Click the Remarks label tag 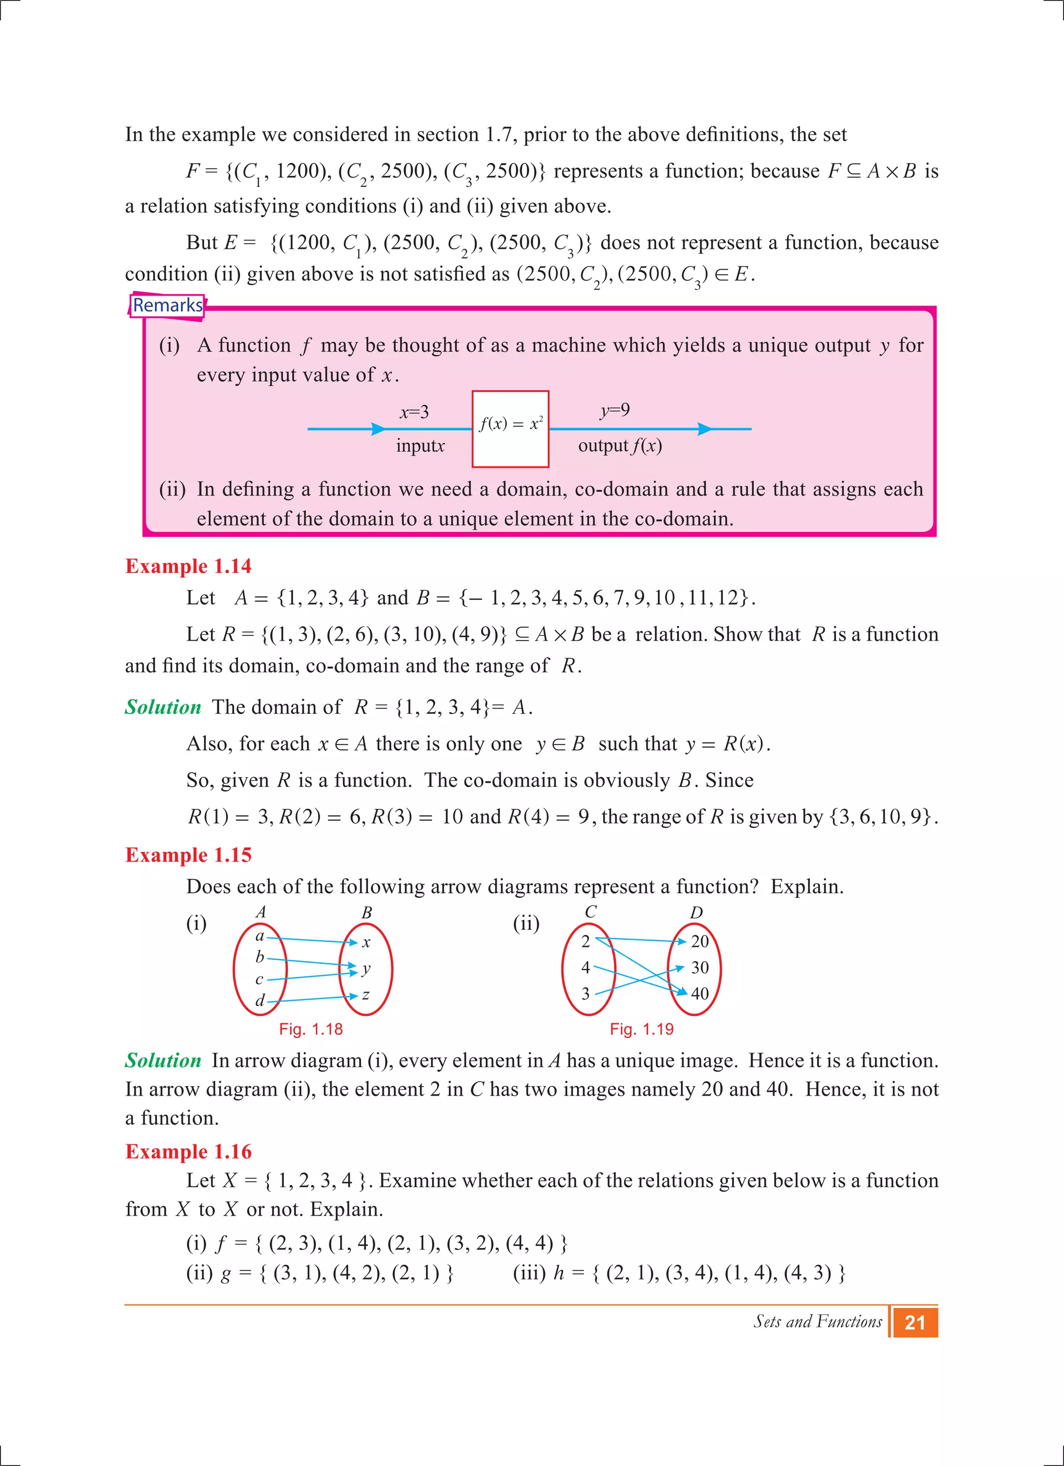[x=167, y=305]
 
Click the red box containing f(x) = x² [x=510, y=429]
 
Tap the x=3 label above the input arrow [x=414, y=412]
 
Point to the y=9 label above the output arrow [x=615, y=410]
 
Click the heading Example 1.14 [x=188, y=566]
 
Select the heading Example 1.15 [x=188, y=855]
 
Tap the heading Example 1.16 [x=188, y=1151]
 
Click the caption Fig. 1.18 [x=310, y=1029]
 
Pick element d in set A [x=260, y=1001]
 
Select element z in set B [x=366, y=995]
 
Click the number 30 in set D [x=699, y=968]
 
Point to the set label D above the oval [x=696, y=913]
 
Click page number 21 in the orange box [x=915, y=1323]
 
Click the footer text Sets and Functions [x=817, y=1321]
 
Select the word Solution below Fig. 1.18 [x=163, y=1061]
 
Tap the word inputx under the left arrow [x=420, y=446]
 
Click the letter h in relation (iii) [x=559, y=1273]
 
